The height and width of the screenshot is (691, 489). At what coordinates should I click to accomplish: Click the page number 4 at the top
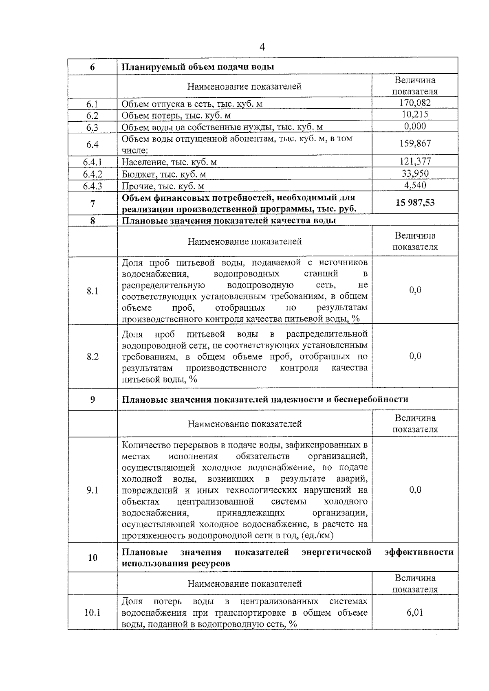[262, 47]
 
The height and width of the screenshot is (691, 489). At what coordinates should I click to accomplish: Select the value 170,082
[414, 103]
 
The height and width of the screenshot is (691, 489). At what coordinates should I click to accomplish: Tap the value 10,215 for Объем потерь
[414, 114]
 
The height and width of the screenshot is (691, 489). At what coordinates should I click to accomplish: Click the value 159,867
[414, 143]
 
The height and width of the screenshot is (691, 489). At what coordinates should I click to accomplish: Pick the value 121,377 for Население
[414, 161]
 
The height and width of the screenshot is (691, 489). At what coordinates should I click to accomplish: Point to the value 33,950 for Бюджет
[414, 173]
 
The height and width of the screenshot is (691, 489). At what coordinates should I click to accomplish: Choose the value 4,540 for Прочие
[414, 185]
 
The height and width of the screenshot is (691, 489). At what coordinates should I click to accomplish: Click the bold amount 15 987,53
[414, 203]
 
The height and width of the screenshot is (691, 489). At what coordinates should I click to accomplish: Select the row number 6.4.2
[93, 174]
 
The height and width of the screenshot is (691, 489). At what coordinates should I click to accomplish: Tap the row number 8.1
[93, 291]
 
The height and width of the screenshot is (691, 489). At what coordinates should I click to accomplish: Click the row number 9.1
[93, 490]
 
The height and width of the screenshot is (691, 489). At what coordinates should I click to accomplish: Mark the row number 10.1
[93, 612]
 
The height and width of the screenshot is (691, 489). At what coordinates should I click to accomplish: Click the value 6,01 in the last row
[414, 612]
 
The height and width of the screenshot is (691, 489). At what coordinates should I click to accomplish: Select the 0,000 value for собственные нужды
[414, 126]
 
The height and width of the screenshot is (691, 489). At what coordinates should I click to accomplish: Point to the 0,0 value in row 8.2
[414, 356]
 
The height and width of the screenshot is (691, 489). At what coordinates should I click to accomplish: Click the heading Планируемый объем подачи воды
[198, 67]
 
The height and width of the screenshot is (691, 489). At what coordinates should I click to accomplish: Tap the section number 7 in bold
[93, 204]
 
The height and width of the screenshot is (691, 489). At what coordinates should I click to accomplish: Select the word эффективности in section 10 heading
[419, 552]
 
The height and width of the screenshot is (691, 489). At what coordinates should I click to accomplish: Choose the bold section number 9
[93, 399]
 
